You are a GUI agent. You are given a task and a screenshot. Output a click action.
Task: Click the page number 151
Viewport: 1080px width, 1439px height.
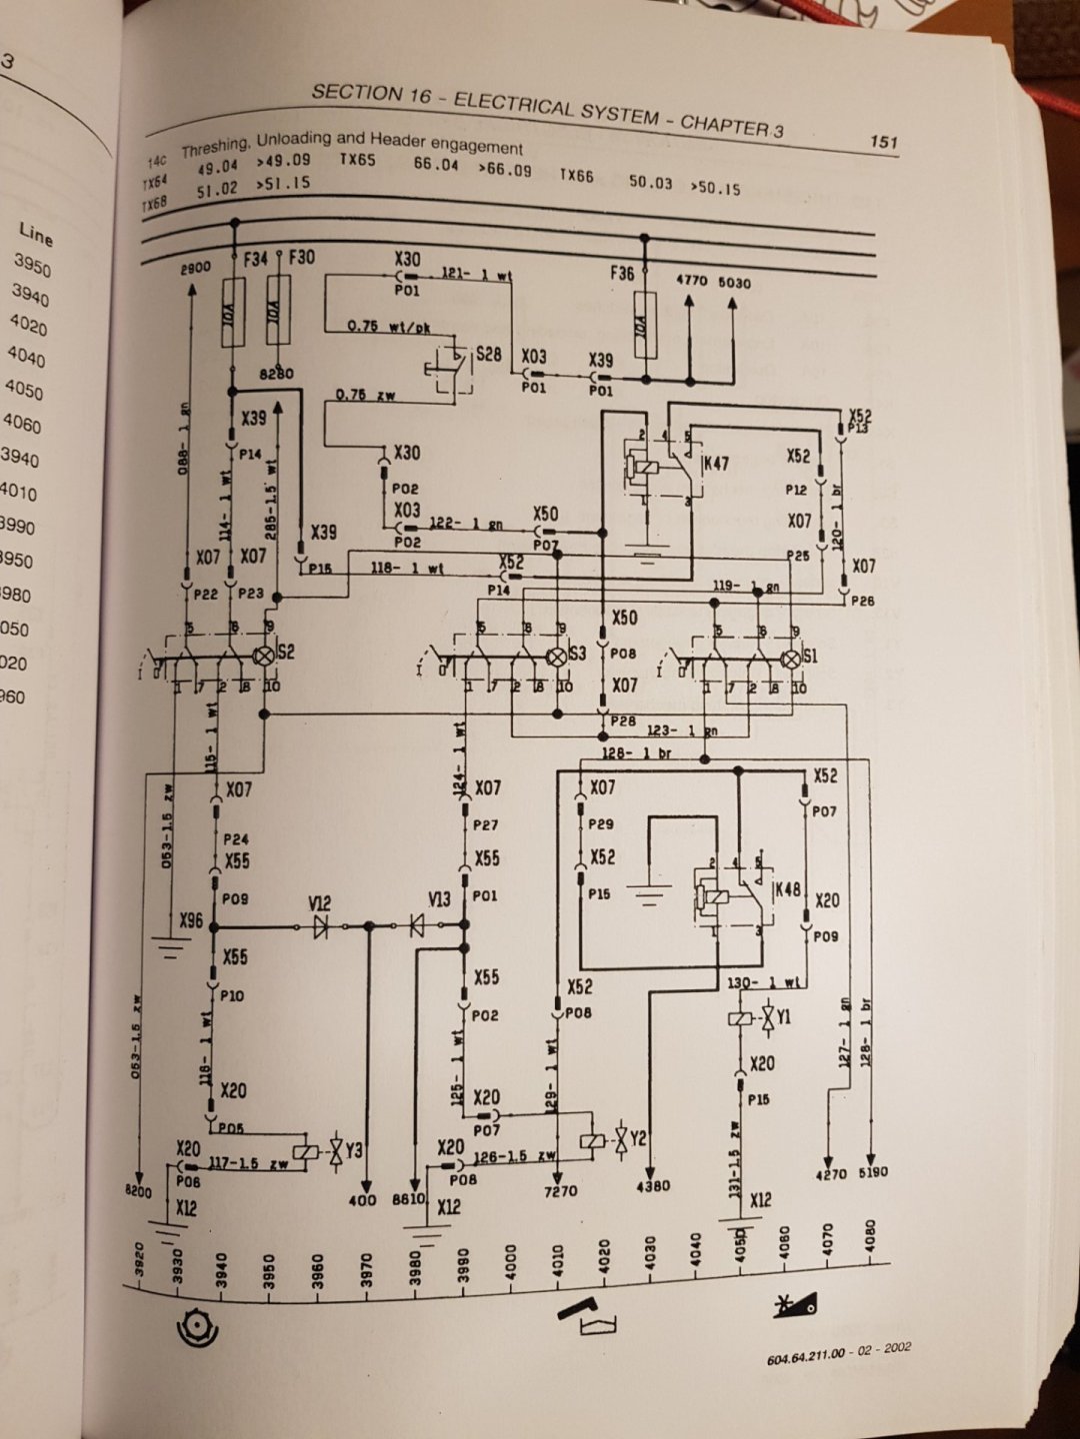[883, 141]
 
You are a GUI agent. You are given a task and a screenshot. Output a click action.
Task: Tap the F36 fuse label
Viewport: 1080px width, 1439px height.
[622, 272]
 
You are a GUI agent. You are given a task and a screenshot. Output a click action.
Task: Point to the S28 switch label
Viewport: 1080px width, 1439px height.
[489, 355]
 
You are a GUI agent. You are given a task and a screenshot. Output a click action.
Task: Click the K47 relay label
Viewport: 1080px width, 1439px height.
[716, 464]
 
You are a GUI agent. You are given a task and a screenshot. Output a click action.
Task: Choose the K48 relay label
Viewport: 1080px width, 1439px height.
[788, 888]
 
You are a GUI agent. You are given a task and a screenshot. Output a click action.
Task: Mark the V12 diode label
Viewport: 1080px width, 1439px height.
[320, 903]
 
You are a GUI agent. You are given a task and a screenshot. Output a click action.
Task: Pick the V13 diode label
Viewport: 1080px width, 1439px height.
[440, 899]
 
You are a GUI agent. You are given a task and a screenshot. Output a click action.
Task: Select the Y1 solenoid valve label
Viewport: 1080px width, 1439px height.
[783, 1016]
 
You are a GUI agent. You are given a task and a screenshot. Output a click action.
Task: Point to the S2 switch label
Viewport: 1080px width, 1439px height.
[286, 653]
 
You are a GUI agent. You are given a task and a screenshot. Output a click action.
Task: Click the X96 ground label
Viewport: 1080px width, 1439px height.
[191, 919]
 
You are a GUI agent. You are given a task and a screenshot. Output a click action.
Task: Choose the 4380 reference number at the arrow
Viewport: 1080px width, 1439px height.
[653, 1186]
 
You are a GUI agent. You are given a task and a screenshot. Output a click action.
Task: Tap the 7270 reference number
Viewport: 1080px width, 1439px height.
[561, 1191]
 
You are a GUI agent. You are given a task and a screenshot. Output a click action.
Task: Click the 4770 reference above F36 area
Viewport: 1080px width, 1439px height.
[691, 281]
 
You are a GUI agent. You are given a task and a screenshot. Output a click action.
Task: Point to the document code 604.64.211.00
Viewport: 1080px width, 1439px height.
[806, 1355]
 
